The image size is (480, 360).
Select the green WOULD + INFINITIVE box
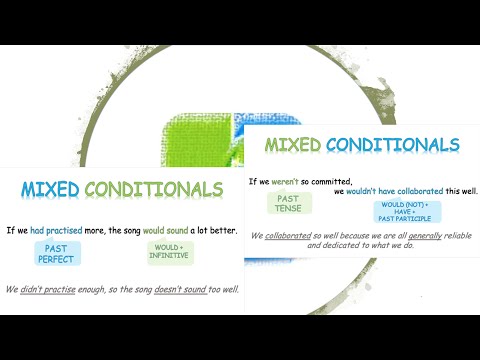(169, 252)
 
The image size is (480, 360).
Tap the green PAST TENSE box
(288, 203)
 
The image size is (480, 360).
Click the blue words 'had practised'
(58, 229)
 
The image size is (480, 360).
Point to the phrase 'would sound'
(154, 229)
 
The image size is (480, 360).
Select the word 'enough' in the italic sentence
(100, 290)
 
